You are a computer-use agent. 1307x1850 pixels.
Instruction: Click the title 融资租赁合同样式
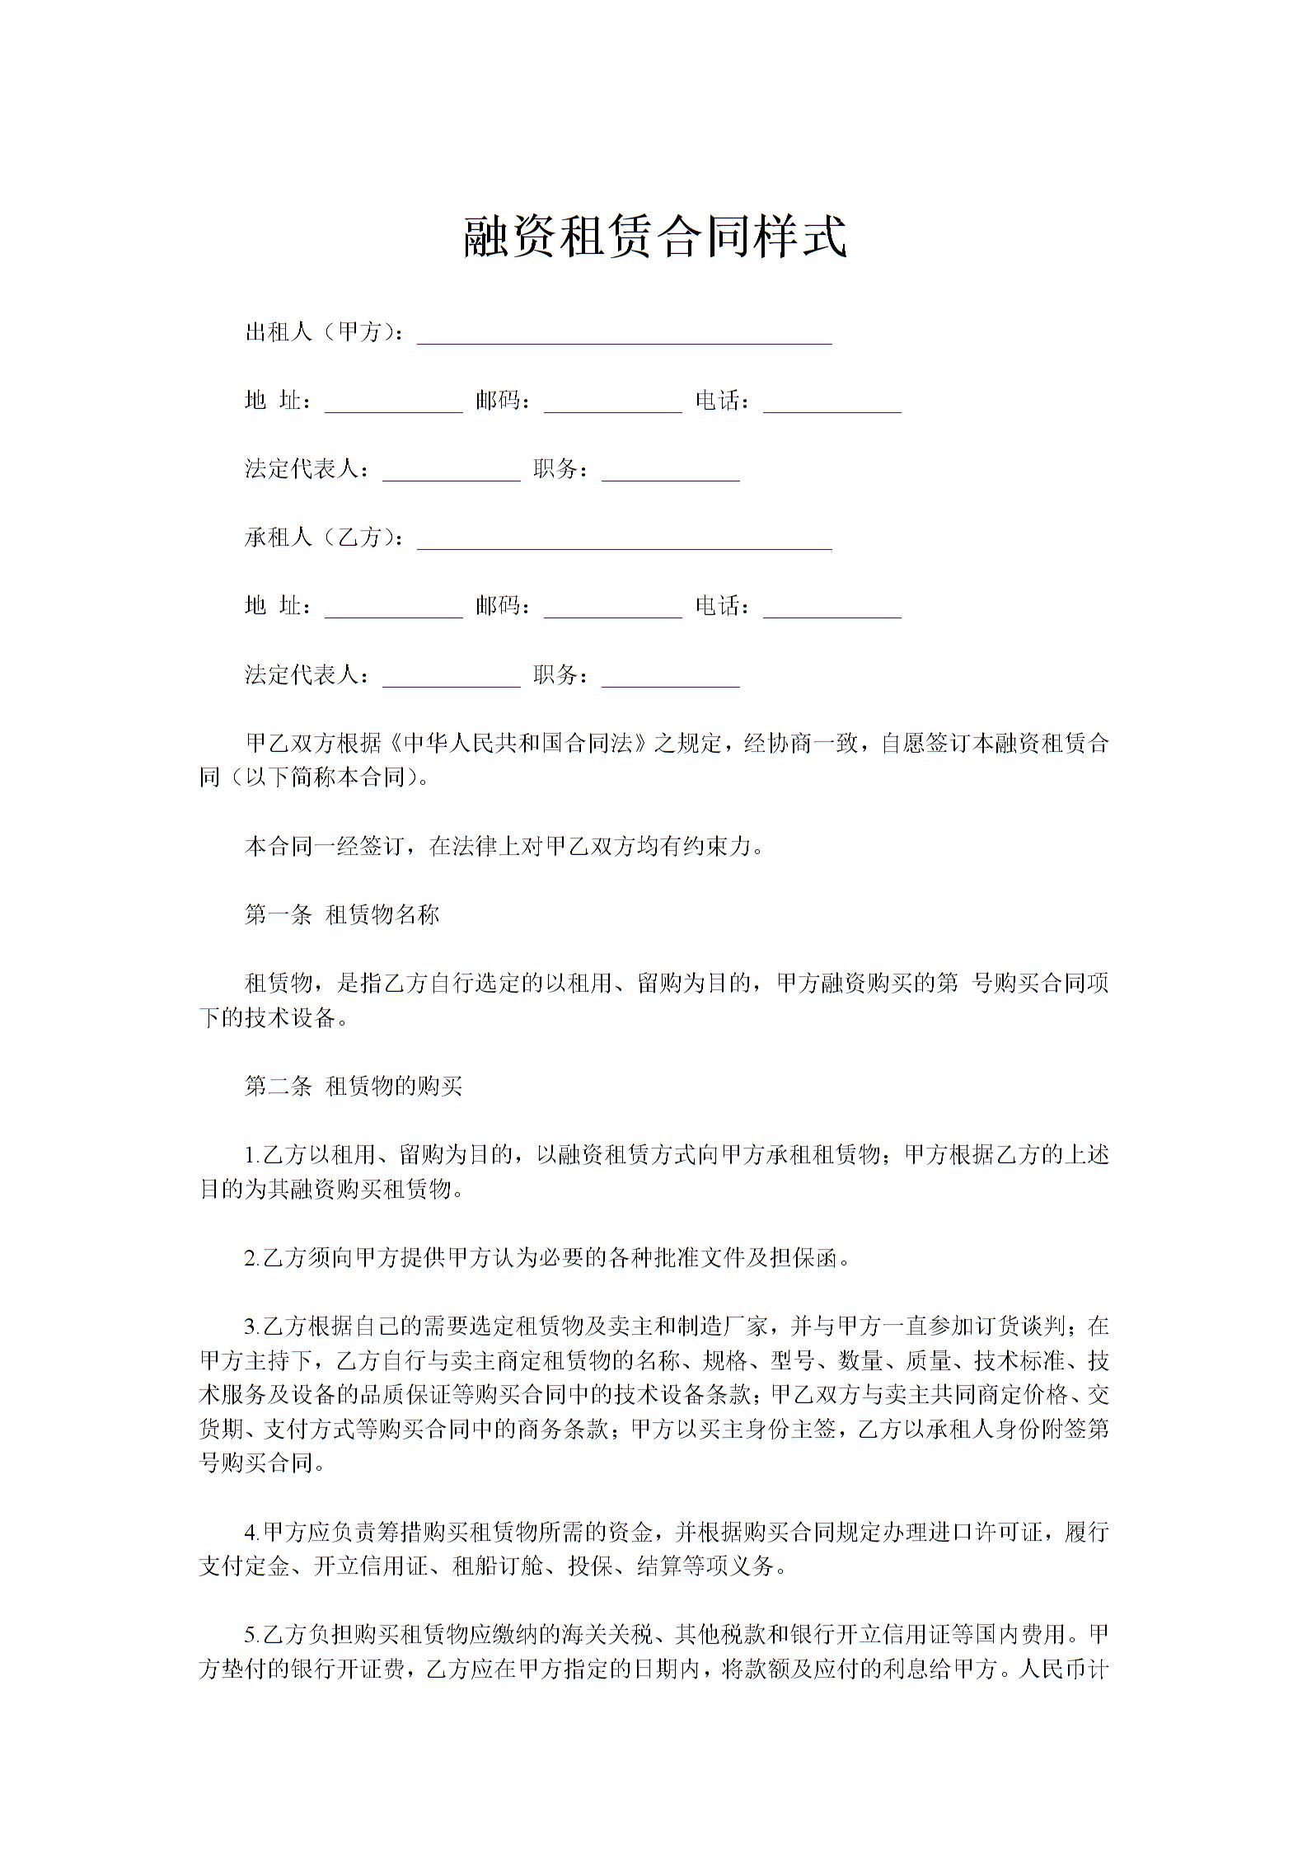pyautogui.click(x=655, y=237)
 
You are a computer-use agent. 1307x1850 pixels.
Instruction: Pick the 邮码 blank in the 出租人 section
pyautogui.click(x=612, y=405)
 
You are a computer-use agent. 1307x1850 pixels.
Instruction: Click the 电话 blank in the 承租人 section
pyautogui.click(x=832, y=610)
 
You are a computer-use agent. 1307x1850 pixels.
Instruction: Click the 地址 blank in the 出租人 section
pyautogui.click(x=393, y=405)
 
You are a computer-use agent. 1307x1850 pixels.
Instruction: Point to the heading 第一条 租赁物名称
pyautogui.click(x=342, y=914)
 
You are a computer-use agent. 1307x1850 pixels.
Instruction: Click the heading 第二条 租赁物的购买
pyautogui.click(x=354, y=1086)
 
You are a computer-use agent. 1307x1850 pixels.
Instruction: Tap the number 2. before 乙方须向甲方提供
pyautogui.click(x=252, y=1258)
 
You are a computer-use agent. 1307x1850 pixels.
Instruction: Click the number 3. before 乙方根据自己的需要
pyautogui.click(x=252, y=1326)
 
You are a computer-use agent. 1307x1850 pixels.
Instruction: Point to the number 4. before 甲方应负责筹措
pyautogui.click(x=252, y=1533)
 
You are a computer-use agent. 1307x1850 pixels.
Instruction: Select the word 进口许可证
pyautogui.click(x=994, y=1533)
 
